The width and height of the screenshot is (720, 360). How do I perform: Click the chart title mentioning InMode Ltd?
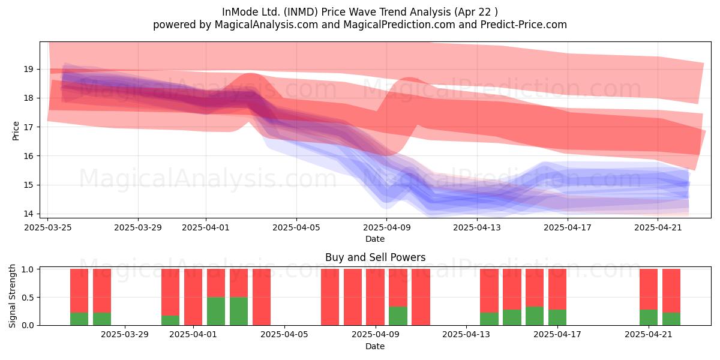pos(359,12)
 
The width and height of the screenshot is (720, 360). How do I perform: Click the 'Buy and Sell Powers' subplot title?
pos(375,257)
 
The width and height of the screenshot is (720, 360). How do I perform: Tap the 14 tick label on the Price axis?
pos(28,214)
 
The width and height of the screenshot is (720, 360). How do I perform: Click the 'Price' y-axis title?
pos(16,131)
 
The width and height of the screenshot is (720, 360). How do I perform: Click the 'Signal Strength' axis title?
pos(12,296)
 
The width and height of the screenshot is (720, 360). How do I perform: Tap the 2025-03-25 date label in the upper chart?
pos(48,227)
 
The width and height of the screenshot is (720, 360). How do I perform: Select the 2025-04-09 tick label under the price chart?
pos(386,227)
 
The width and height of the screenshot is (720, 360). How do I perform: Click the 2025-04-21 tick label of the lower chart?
pos(649,335)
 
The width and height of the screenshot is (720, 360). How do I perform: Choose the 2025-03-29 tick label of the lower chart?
pos(125,335)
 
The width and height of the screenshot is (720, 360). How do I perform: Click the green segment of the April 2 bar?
pos(216,311)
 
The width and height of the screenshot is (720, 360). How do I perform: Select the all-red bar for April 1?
pos(193,297)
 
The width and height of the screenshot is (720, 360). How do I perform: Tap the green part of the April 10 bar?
pos(398,316)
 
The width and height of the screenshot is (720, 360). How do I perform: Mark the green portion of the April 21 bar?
pos(649,317)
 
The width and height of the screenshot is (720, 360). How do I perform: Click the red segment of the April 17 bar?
pos(557,289)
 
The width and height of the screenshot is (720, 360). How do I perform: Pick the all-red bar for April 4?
pos(262,297)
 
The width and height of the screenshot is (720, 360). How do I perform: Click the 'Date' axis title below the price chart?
pos(375,239)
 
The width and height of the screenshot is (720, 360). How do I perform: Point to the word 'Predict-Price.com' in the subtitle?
pos(524,25)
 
